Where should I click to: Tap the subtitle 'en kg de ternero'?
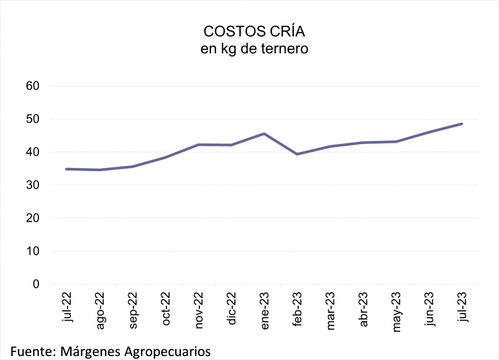pos(254,49)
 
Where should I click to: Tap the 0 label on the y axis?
pos(35,284)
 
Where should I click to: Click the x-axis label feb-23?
pos(297,308)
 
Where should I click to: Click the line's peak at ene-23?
pos(264,133)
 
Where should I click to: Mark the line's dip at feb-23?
pos(297,154)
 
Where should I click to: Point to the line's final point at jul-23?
pos(461,124)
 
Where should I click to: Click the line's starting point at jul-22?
pos(66,169)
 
